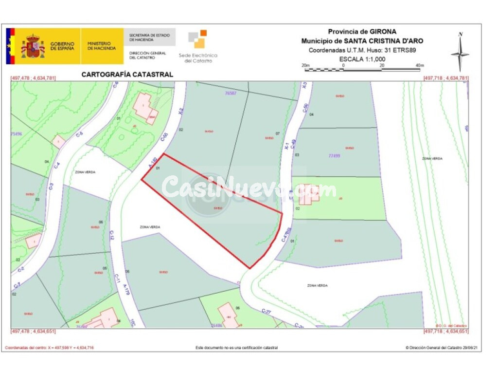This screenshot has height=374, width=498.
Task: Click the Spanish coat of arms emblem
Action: [33, 47]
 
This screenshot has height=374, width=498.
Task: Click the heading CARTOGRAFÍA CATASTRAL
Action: [127, 75]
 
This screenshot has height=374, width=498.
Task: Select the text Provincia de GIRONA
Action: [362, 32]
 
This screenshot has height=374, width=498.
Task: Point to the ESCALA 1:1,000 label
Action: [362, 58]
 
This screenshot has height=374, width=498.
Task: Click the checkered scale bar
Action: [362, 70]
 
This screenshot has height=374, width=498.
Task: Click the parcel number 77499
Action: [335, 156]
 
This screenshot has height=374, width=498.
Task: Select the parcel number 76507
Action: [230, 93]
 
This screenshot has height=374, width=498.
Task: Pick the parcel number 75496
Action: [17, 133]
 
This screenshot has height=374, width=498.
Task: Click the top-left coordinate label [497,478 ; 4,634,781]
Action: [33, 78]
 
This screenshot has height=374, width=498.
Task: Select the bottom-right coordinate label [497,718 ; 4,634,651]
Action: [445, 331]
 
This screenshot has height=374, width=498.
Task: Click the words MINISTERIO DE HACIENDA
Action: [102, 46]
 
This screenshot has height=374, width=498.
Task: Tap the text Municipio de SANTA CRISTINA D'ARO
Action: [362, 41]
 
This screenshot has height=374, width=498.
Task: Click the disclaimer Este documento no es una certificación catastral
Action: [237, 348]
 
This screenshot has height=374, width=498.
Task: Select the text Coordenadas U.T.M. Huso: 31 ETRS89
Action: [362, 50]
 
